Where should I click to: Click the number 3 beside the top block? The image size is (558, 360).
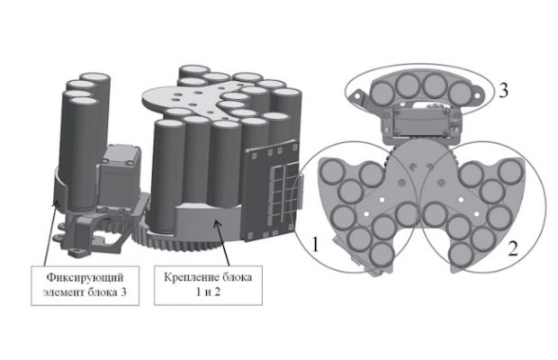pos(503,91)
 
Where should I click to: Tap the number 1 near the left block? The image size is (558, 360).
pos(315,245)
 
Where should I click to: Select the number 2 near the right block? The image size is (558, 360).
pos(512,248)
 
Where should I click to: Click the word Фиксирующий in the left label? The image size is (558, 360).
pos(85,277)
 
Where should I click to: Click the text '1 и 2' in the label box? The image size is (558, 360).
pos(208,292)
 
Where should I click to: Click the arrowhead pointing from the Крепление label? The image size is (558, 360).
pos(216,223)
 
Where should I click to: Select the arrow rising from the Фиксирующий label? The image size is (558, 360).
pos(49,232)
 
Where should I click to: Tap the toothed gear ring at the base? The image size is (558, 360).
pos(185,242)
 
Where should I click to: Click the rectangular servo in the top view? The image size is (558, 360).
pos(420,123)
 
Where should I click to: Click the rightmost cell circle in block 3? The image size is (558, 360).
pos(460,94)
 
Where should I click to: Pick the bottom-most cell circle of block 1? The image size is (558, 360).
pos(382,255)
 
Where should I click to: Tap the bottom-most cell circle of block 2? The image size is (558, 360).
pos(462,254)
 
